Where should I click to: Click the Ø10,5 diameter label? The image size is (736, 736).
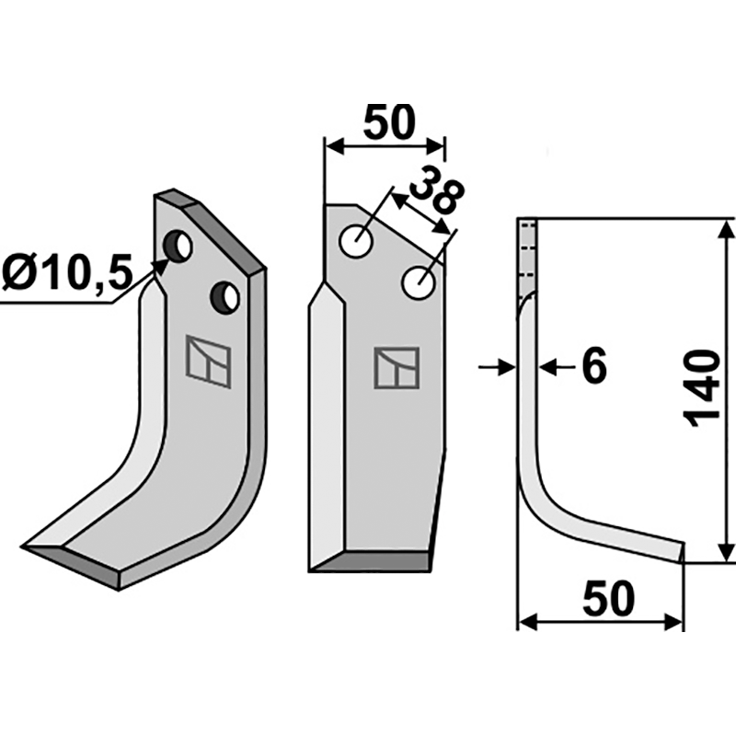click(x=64, y=272)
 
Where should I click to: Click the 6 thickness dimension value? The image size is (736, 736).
click(x=593, y=367)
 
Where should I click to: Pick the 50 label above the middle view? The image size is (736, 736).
click(x=389, y=122)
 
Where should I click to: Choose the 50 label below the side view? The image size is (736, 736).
click(x=608, y=599)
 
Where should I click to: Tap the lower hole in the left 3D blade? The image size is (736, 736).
click(x=225, y=297)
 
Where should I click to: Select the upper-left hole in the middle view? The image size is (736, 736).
click(x=357, y=241)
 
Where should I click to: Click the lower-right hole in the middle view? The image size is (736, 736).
click(x=419, y=282)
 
